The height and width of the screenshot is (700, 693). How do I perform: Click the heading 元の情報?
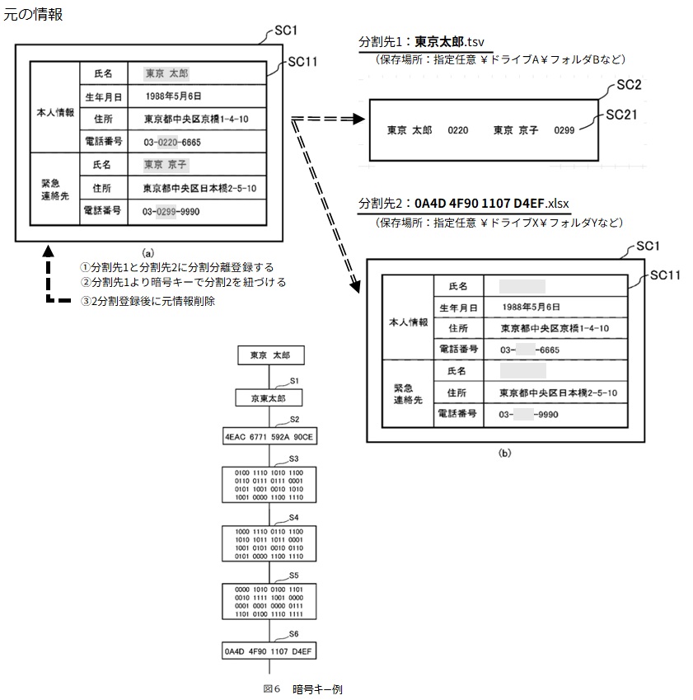point(32,14)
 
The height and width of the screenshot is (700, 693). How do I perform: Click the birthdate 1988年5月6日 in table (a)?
point(173,96)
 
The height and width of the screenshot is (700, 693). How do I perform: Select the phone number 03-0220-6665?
point(171,142)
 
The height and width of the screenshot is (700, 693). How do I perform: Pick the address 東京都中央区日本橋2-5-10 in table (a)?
point(199,188)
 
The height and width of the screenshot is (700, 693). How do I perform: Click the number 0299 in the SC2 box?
point(564,130)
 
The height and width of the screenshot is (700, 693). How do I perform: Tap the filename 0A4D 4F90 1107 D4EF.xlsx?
point(492,203)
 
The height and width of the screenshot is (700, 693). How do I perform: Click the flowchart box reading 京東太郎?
point(270,397)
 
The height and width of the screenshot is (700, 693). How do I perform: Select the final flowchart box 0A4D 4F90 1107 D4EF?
point(270,651)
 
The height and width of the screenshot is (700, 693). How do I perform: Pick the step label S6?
point(294,633)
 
